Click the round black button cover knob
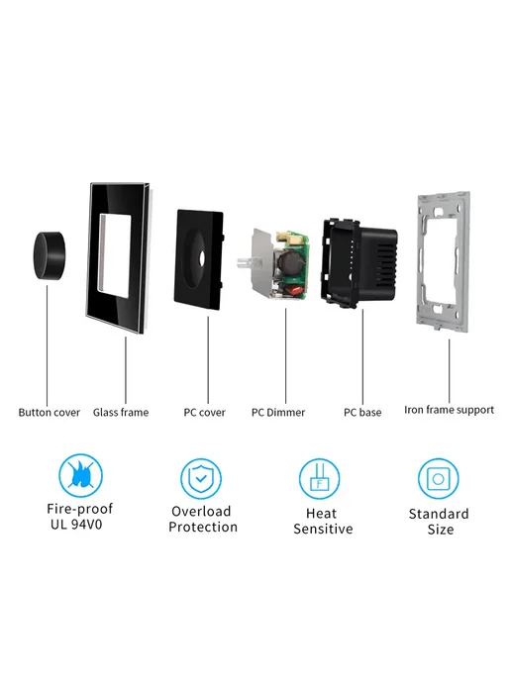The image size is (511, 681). coord(49,255)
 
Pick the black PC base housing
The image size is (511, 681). coord(359,262)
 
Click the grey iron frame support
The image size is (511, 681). coord(443,261)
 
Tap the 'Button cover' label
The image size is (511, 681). coord(50,412)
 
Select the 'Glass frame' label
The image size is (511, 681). coord(121,412)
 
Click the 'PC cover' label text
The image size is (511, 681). coord(205,412)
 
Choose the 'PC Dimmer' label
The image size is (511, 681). coord(278,412)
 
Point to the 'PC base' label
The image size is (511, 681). coord(362,412)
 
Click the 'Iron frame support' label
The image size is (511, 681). coord(449,410)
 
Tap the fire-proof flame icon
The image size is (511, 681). coord(81,475)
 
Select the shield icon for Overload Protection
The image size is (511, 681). coord(201,479)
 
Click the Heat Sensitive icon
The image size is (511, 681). coord(319,479)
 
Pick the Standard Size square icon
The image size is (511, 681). coord(438,479)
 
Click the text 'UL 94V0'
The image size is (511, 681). coord(76,525)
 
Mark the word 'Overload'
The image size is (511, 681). coord(201,511)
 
